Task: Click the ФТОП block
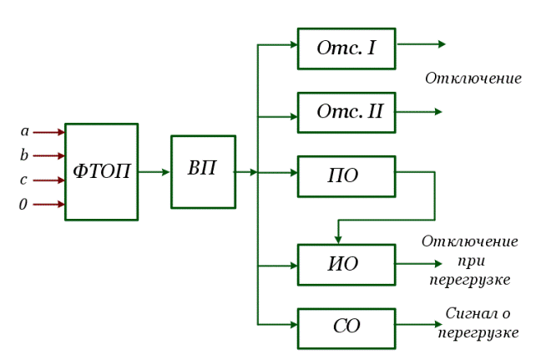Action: pyautogui.click(x=101, y=172)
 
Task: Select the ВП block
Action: pyautogui.click(x=203, y=171)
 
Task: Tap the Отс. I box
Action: pyautogui.click(x=346, y=48)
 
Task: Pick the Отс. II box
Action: pyautogui.click(x=346, y=112)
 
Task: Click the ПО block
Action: pyautogui.click(x=346, y=175)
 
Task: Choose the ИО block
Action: pyautogui.click(x=346, y=265)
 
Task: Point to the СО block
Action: pyautogui.click(x=346, y=327)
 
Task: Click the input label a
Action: pyautogui.click(x=25, y=131)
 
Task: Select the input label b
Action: pyautogui.click(x=25, y=155)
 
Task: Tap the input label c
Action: pyautogui.click(x=24, y=180)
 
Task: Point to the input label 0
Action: pyautogui.click(x=23, y=204)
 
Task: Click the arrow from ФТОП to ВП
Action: pyautogui.click(x=154, y=172)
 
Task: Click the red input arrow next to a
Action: pyautogui.click(x=49, y=132)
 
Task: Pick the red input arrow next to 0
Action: pyautogui.click(x=49, y=204)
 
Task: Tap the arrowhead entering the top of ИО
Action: pyautogui.click(x=337, y=238)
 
